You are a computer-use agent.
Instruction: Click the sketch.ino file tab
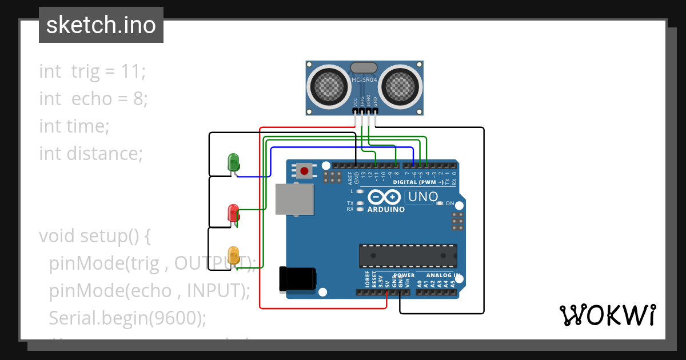101,25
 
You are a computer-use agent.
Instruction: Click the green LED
234,162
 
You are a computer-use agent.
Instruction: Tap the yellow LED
233,255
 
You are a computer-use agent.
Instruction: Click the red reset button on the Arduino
304,170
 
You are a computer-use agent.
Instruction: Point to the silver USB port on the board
294,199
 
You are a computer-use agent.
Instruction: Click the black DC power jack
297,278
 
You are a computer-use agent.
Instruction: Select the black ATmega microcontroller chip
408,255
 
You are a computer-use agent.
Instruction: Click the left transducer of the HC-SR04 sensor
329,85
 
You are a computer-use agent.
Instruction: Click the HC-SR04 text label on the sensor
364,80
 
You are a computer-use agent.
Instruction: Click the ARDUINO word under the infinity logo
386,210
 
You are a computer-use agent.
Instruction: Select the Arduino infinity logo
384,197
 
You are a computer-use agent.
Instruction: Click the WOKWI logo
607,315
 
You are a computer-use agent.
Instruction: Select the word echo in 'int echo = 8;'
91,99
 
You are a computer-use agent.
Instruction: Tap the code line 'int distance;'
90,154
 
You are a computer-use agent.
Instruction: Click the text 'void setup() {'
94,236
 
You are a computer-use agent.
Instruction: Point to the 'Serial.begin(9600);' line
127,318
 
